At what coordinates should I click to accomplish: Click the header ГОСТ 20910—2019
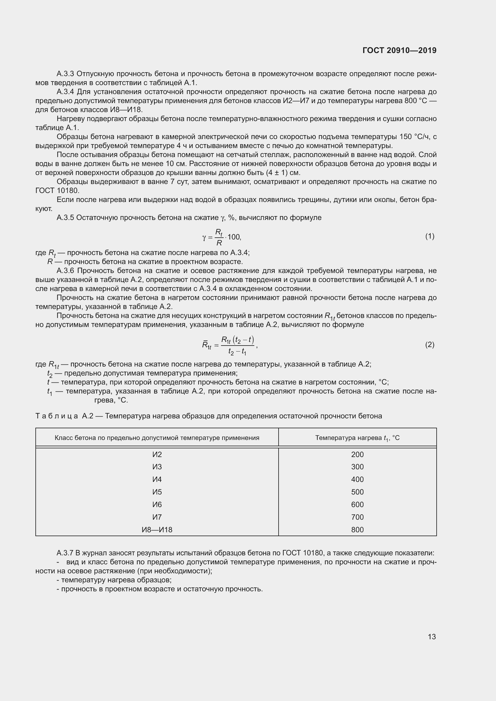point(399,50)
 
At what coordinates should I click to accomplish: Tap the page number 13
point(432,637)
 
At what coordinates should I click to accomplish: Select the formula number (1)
point(429,236)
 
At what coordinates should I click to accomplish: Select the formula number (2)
point(429,345)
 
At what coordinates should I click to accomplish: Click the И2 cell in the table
point(157,455)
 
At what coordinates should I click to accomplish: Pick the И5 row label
point(157,492)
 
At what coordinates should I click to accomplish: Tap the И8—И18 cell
point(157,530)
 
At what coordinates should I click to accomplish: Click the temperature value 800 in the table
point(357,530)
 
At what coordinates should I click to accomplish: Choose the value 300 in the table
point(357,467)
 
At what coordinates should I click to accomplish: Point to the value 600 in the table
point(357,505)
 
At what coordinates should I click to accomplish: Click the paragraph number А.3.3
point(65,74)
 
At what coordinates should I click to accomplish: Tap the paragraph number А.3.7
point(65,553)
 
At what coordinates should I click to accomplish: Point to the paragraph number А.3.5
point(65,218)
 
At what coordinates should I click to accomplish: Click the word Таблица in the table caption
point(57,416)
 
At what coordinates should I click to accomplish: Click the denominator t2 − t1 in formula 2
point(237,352)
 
